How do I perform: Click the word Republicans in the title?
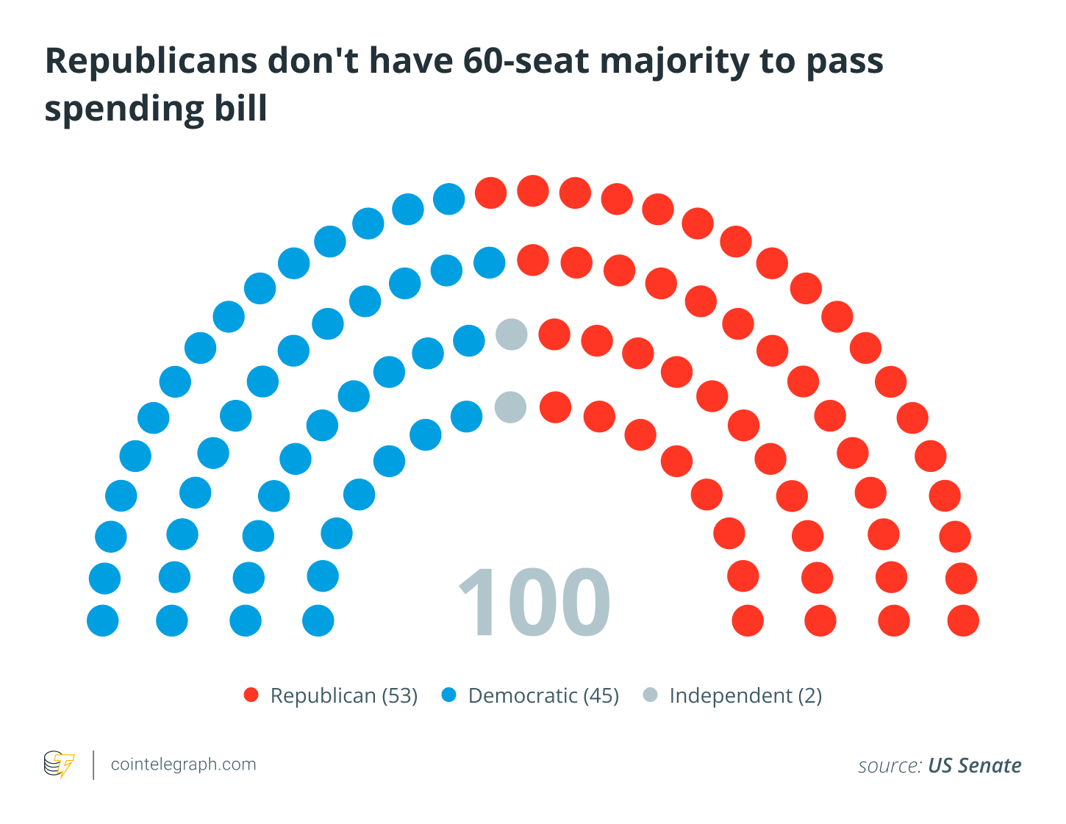pos(150,61)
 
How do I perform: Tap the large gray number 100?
pos(534,603)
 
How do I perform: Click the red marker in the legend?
pos(251,695)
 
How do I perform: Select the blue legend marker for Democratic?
pos(449,695)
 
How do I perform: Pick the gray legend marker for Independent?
pos(650,695)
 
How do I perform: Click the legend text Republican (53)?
pos(344,695)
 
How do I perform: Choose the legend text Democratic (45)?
pos(543,695)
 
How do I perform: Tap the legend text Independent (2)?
pos(745,695)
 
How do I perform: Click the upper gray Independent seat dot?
pos(512,334)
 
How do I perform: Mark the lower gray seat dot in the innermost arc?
pos(510,406)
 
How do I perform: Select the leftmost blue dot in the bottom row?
pos(103,621)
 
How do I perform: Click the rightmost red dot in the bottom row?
pos(963,621)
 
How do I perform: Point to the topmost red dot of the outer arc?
pos(533,191)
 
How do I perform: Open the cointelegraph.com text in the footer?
pos(183,764)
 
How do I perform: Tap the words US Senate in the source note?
pos(974,766)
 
